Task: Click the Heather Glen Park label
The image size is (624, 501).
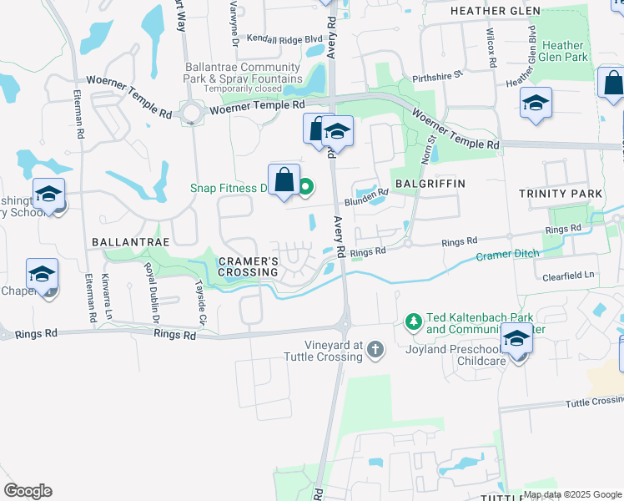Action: coord(564,51)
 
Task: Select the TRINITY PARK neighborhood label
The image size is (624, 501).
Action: coord(560,194)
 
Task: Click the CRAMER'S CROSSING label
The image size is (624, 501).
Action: coord(248,266)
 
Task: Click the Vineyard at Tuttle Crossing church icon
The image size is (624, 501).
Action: coord(375,349)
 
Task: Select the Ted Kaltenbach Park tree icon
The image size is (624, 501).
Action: coord(412,321)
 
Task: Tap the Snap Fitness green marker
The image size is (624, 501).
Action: coord(306,187)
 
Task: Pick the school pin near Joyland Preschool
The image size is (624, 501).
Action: coord(516,339)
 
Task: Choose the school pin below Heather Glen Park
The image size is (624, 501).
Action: coord(536,104)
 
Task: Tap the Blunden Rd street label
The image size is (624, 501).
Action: coord(367,197)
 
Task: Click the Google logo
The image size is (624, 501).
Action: coord(28,491)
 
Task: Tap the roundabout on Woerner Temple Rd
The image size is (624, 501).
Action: coord(194,111)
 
